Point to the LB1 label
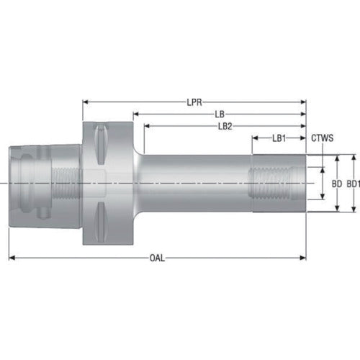coord(279,138)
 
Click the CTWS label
coord(322,138)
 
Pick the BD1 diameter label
coord(353,184)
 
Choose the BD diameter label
coord(336,184)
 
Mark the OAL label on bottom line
coord(158,258)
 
